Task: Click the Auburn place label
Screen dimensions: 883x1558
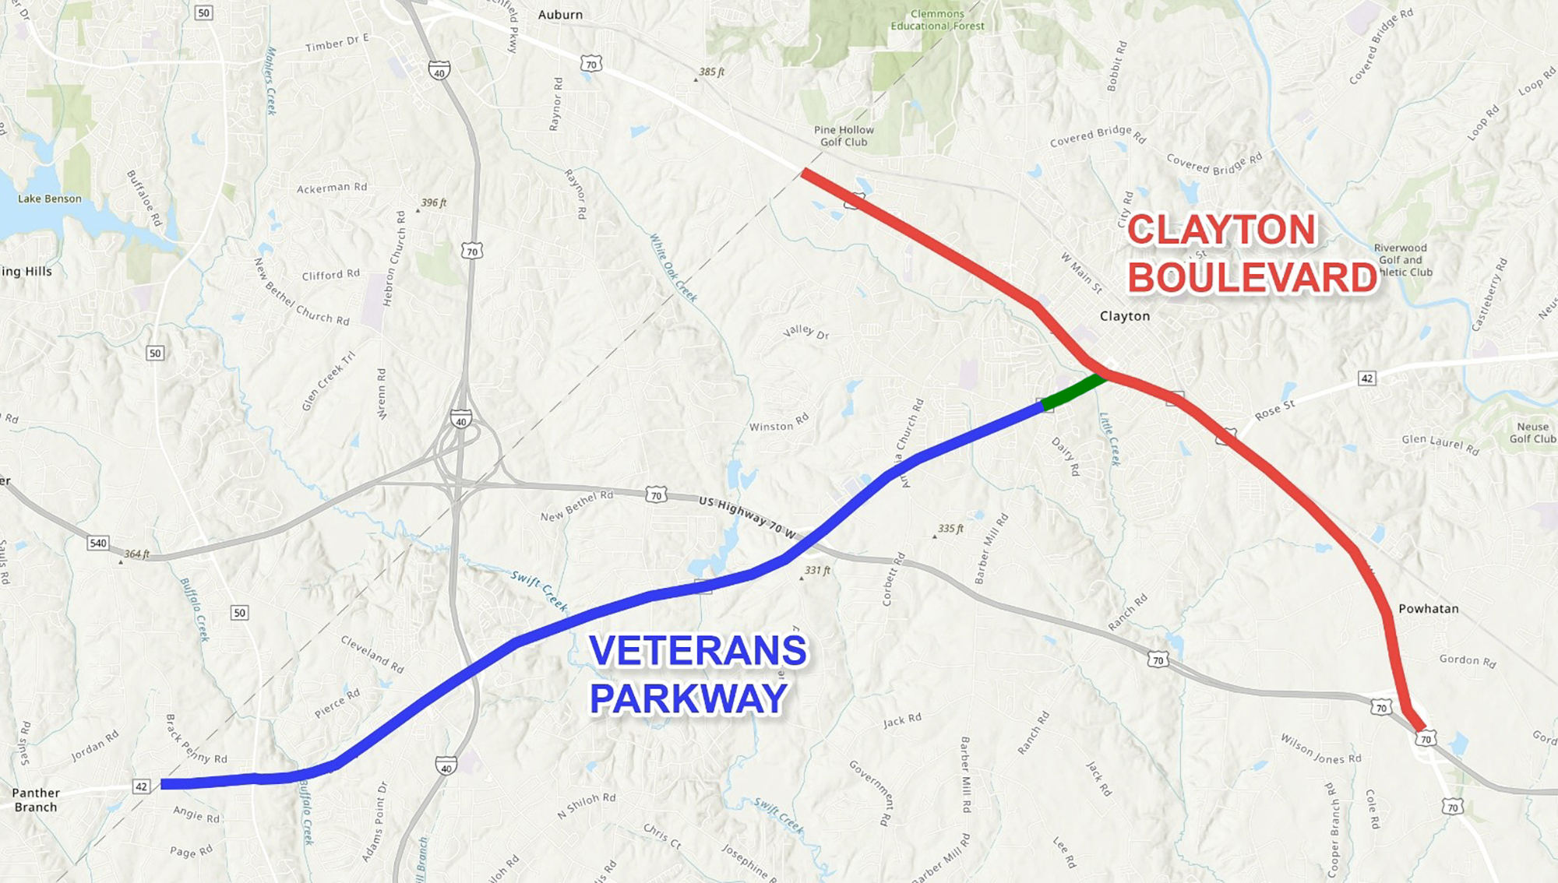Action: [x=560, y=15]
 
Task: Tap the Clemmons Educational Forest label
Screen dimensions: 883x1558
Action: [x=937, y=20]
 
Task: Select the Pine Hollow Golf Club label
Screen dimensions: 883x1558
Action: [x=844, y=136]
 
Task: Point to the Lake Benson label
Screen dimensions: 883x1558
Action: [x=50, y=199]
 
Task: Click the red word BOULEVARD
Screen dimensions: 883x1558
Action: [x=1253, y=278]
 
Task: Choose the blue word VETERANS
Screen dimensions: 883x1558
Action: [x=698, y=651]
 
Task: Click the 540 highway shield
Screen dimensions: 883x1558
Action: [x=98, y=543]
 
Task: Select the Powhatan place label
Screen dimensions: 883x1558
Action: [x=1428, y=609]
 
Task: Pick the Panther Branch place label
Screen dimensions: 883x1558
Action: [x=36, y=800]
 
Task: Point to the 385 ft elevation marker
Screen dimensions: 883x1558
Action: [x=710, y=72]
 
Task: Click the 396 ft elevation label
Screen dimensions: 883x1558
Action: [x=433, y=203]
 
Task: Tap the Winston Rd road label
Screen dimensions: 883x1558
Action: [x=778, y=424]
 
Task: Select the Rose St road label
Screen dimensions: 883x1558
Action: [x=1274, y=410]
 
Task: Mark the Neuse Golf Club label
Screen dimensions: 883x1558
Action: [x=1532, y=433]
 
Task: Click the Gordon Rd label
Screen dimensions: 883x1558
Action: [x=1468, y=660]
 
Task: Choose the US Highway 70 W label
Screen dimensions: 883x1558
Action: [x=747, y=517]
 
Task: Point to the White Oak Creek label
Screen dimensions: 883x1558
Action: [x=673, y=268]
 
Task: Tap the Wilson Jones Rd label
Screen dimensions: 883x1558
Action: [x=1320, y=748]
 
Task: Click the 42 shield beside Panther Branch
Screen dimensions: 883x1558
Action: [x=141, y=786]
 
